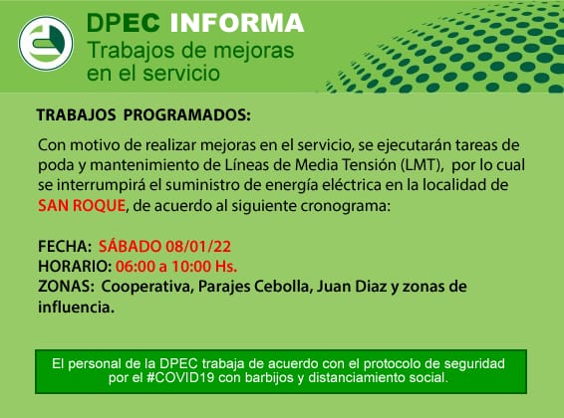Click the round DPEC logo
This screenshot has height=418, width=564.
(46, 43)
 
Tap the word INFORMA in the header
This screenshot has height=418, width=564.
(237, 23)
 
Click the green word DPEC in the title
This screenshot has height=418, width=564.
(123, 23)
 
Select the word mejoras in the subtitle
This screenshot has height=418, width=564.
(253, 51)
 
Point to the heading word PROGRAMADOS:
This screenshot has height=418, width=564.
(187, 115)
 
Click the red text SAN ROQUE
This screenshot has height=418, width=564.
(82, 206)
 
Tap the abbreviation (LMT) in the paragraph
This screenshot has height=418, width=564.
(422, 165)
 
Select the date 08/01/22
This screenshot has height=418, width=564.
(198, 247)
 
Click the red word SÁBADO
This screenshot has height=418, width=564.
(130, 246)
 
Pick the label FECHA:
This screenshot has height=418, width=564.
(65, 247)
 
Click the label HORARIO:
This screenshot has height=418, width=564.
(75, 267)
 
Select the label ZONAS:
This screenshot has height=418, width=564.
(66, 287)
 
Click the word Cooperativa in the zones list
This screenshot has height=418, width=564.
(146, 287)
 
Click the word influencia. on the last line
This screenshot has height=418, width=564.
(77, 308)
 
